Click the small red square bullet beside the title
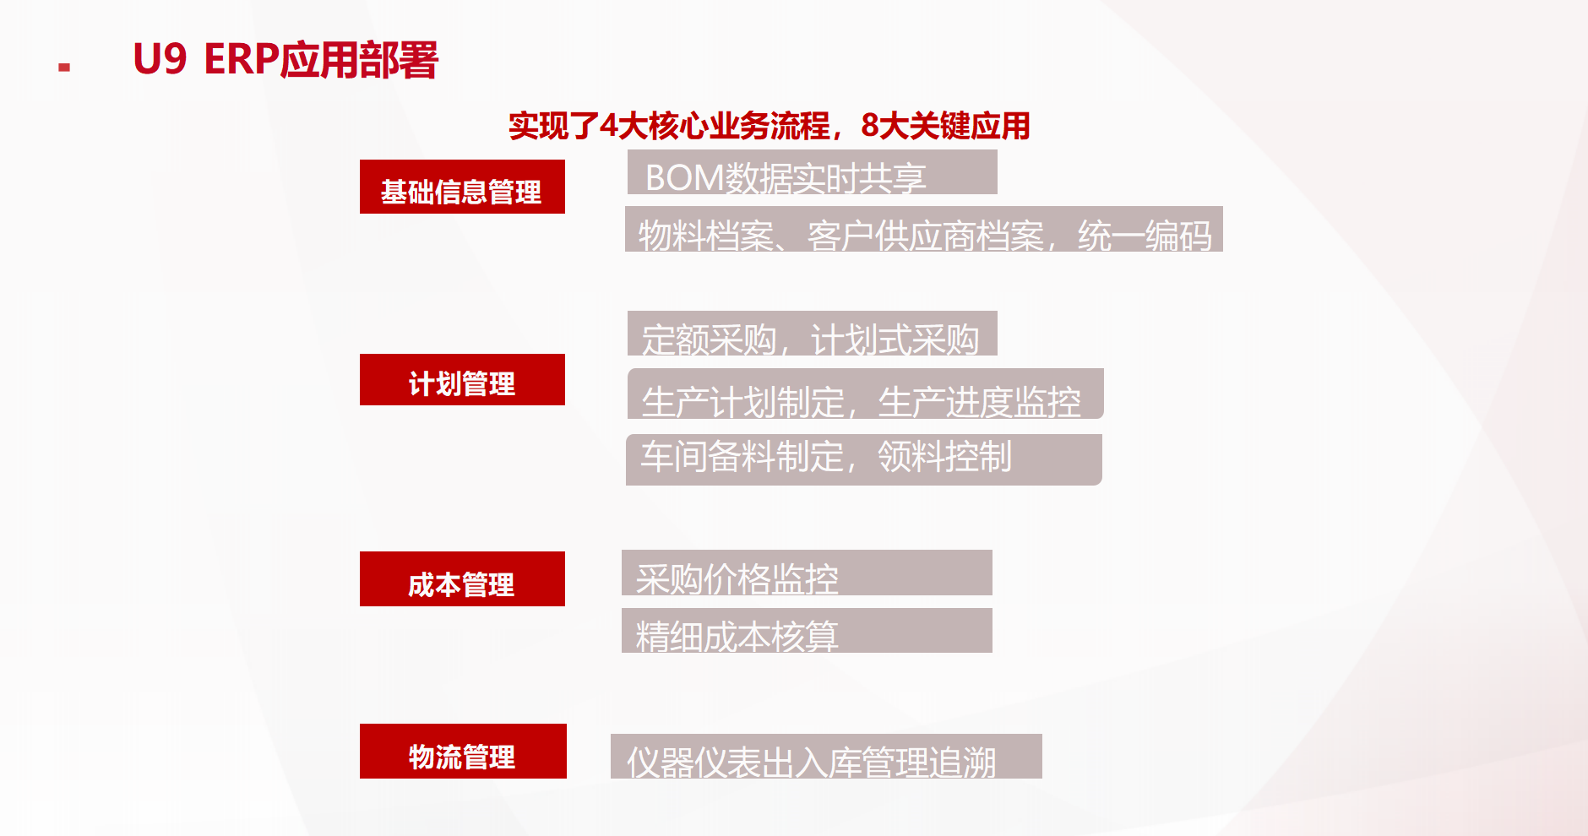64,67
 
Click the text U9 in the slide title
160,60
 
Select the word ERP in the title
242,60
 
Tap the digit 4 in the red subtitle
608,126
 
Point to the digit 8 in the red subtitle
870,126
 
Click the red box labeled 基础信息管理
462,187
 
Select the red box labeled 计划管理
462,379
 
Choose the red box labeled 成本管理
462,578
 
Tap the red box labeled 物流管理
463,751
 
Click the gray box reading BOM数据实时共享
813,172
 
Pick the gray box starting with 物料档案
924,229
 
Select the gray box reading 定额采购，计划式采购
813,334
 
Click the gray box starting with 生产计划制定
866,394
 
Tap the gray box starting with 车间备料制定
864,459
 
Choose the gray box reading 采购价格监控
807,573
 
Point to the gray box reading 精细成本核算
807,630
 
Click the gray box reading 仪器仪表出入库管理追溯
826,756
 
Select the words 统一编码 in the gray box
1145,236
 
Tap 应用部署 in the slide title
359,60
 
